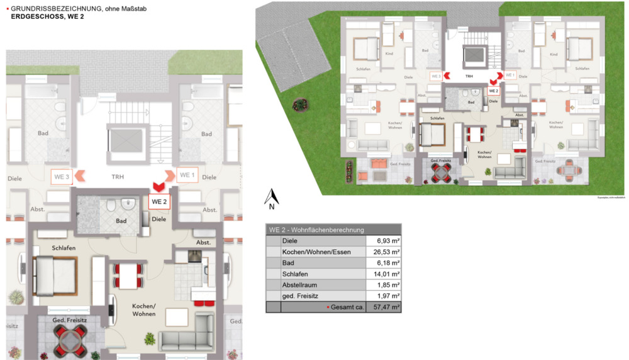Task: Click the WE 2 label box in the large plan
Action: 159,202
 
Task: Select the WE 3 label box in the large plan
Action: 61,177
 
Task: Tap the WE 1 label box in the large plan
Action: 187,175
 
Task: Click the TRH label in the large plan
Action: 118,177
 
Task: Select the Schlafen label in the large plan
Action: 63,248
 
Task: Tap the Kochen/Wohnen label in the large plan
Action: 144,310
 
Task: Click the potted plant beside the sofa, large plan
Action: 150,339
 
